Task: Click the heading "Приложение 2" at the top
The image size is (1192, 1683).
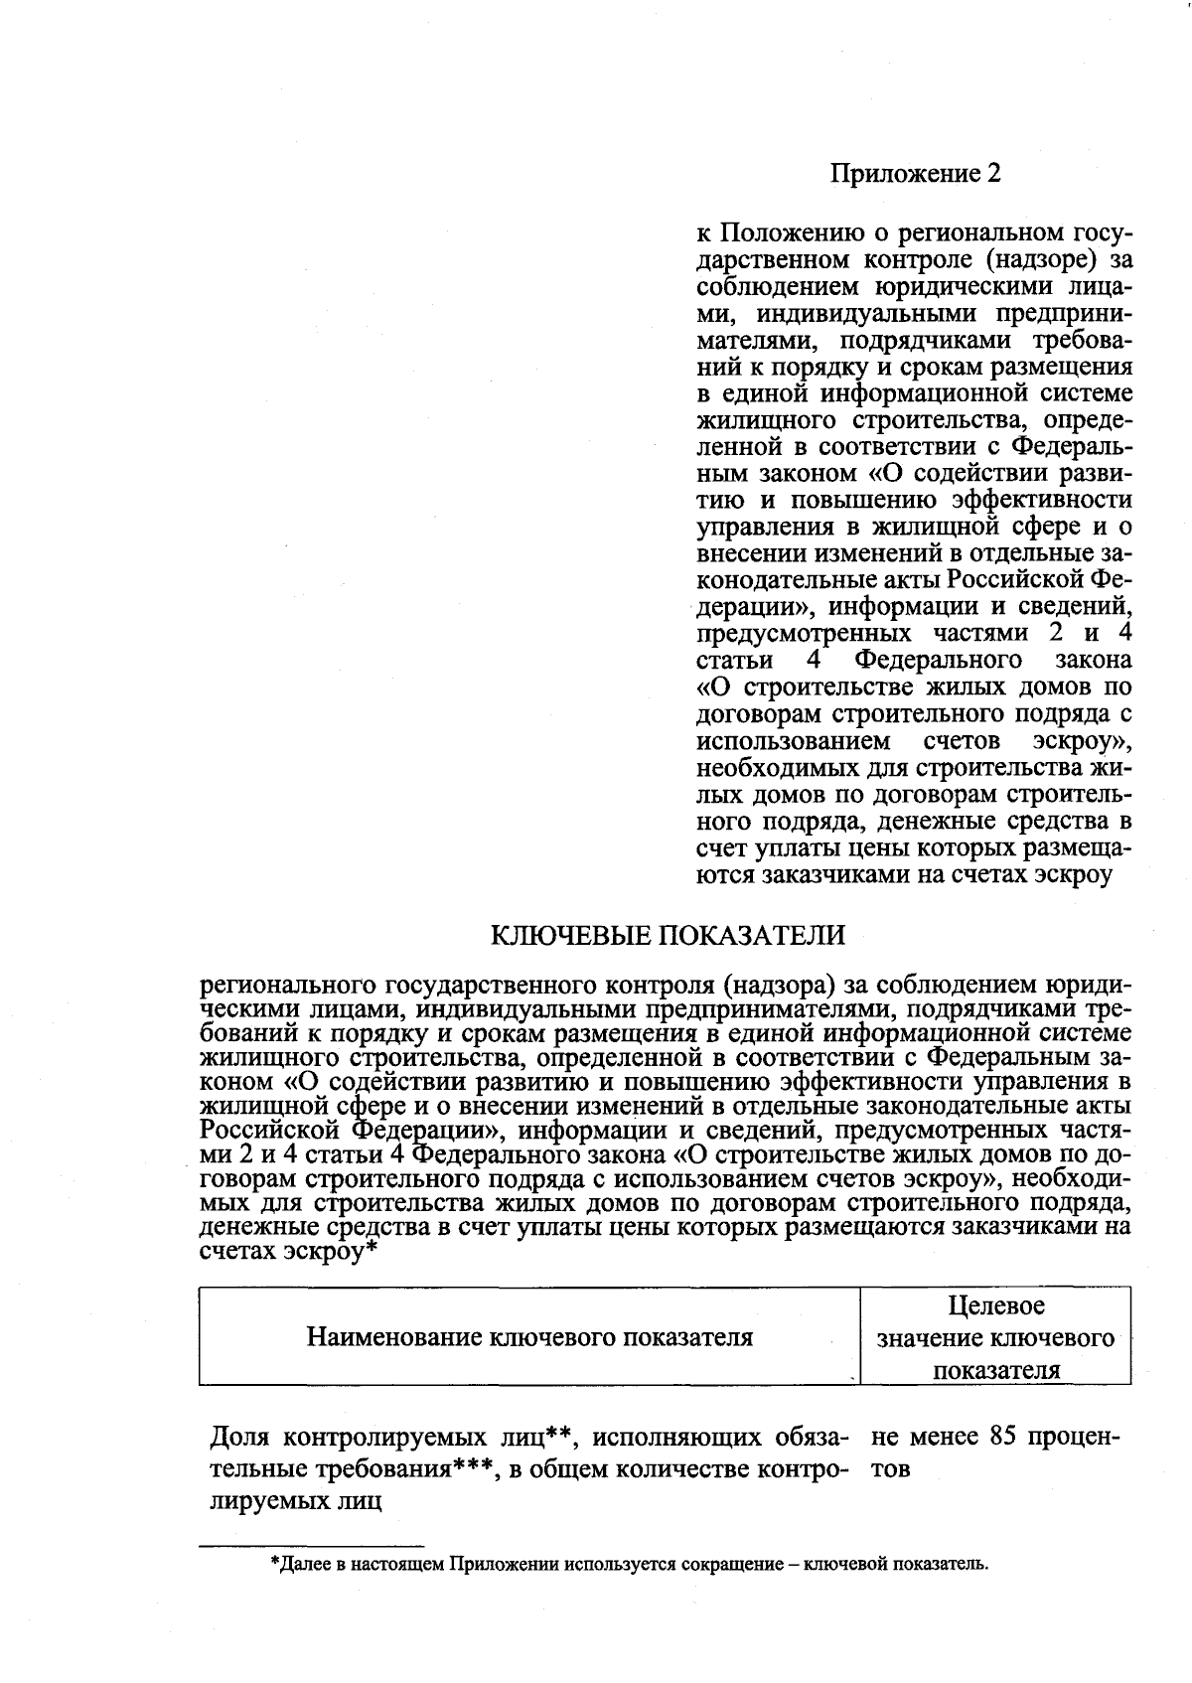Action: coord(915,174)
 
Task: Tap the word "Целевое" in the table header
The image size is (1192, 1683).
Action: coord(995,1305)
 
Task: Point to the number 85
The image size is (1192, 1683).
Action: coord(1008,1437)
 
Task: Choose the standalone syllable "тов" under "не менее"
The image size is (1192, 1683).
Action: coord(890,1469)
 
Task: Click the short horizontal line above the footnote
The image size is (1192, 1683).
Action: coord(312,1545)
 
